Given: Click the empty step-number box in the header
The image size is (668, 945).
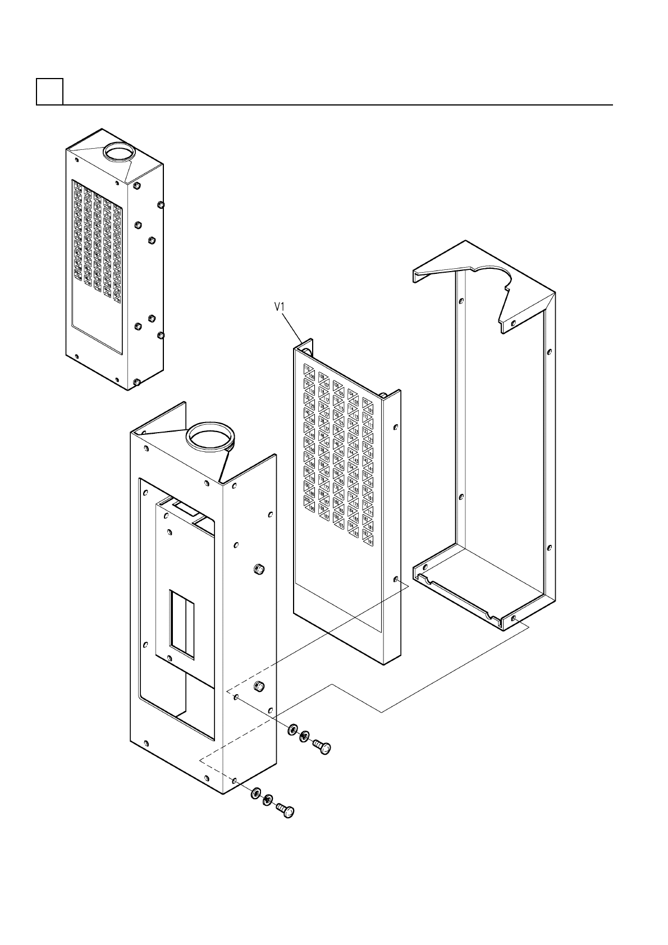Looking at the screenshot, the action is point(49,91).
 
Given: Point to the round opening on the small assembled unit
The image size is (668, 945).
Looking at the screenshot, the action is point(118,152).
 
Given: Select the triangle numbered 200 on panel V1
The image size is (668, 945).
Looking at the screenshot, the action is point(307,500).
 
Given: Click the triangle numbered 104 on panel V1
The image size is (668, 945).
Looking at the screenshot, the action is point(352,394).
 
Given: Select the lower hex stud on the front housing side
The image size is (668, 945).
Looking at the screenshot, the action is point(259,686).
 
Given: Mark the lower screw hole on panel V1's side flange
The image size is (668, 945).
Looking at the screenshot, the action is point(397,579).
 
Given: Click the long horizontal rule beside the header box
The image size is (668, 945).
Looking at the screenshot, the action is point(337,104).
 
